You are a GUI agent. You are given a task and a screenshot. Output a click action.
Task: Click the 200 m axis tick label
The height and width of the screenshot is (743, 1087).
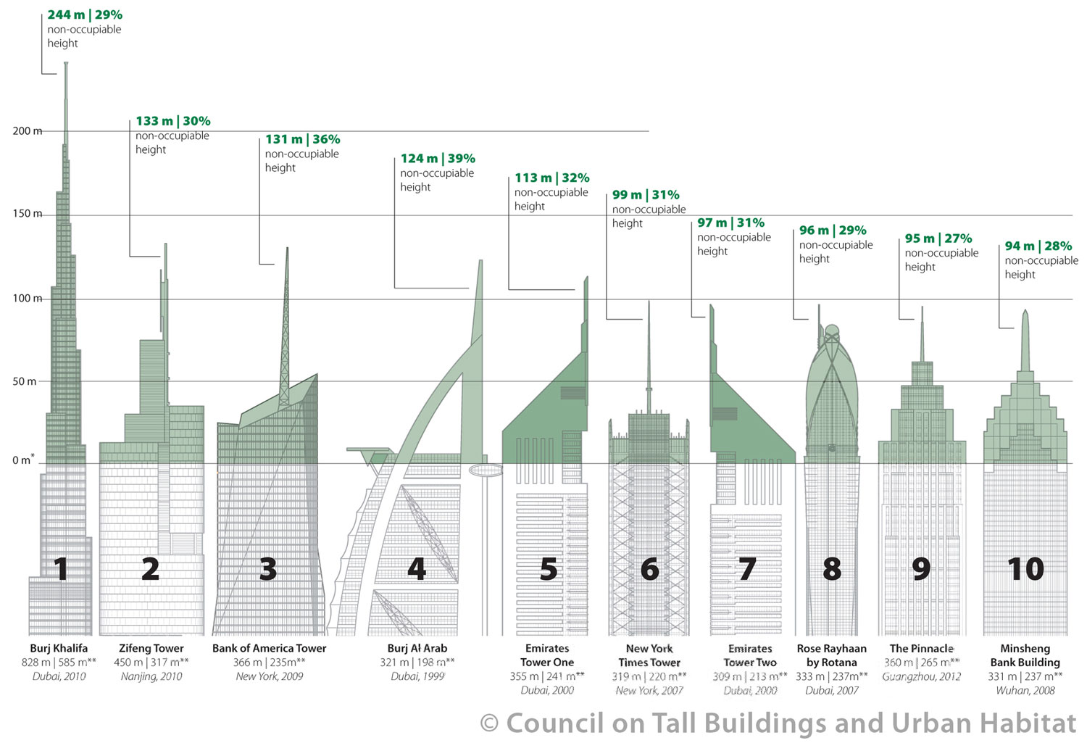28,131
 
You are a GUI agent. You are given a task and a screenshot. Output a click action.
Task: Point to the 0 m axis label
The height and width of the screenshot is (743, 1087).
23,460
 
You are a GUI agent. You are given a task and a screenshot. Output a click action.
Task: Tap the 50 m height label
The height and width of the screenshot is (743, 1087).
24,381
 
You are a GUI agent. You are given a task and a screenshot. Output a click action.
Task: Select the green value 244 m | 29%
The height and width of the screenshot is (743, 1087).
85,15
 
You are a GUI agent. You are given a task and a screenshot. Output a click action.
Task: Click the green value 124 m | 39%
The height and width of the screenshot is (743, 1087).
438,159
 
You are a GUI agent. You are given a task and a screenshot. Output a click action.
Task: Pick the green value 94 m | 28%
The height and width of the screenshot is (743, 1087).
1038,246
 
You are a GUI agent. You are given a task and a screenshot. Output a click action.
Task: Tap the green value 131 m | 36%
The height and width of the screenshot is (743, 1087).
303,139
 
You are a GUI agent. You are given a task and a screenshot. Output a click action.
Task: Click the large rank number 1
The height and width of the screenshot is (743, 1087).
61,569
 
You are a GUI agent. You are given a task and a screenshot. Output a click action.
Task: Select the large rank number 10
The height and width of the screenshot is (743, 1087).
1025,569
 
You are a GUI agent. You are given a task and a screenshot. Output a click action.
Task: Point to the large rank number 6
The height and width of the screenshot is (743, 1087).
650,569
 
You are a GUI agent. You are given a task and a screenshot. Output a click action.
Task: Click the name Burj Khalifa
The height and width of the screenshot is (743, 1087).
59,648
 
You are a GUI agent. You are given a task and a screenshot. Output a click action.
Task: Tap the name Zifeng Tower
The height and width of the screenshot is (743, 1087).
151,648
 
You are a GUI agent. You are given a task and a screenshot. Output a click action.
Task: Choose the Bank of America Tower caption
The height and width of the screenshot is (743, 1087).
270,648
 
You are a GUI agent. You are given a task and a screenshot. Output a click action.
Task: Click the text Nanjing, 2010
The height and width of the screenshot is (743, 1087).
151,676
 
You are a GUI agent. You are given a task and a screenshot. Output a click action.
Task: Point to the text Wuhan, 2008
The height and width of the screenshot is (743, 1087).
1025,691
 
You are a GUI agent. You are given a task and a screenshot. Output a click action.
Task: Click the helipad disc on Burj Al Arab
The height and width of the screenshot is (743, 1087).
486,470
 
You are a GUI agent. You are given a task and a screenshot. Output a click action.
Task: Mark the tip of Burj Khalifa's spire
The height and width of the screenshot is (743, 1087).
66,62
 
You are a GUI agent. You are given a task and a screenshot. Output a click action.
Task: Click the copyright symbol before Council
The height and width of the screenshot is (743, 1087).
489,723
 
